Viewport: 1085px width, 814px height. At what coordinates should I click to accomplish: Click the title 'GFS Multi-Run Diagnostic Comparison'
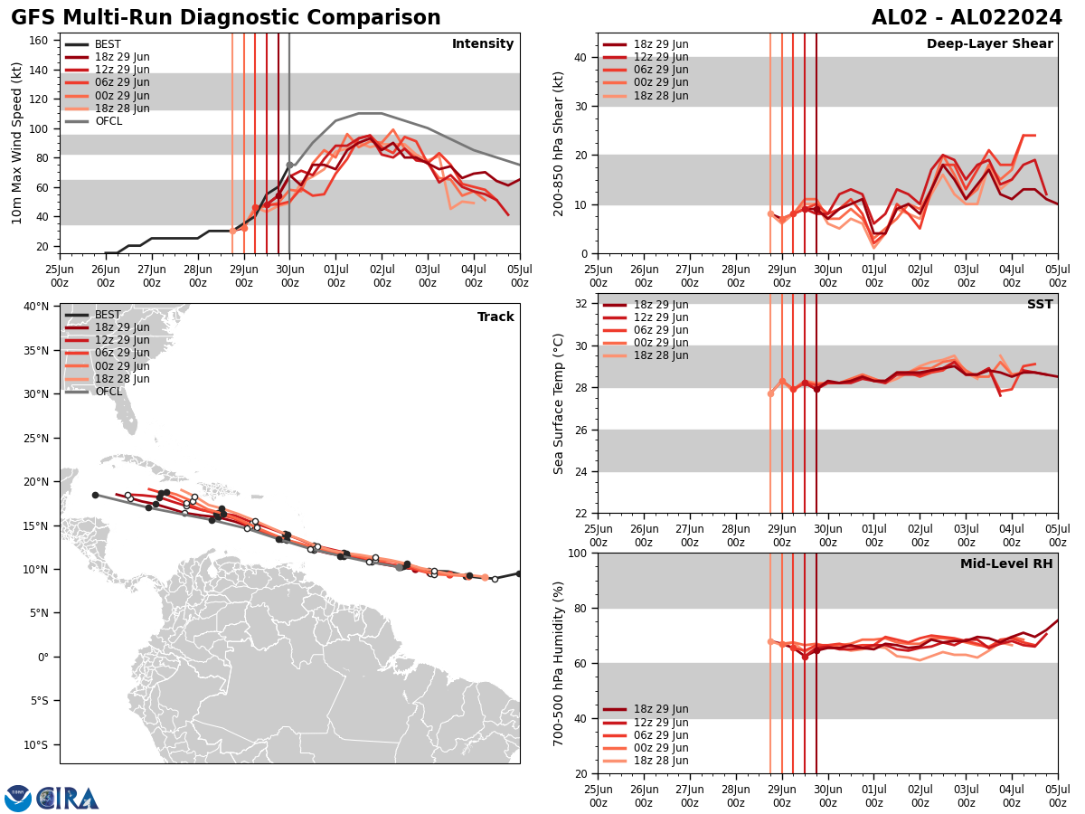(226, 18)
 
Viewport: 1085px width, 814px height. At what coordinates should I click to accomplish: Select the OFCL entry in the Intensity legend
(108, 121)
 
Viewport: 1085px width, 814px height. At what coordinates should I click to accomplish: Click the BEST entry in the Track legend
(108, 315)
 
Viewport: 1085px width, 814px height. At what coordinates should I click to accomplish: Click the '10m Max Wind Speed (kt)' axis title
(17, 143)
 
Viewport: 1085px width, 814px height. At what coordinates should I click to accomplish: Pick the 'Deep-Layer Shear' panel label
(989, 44)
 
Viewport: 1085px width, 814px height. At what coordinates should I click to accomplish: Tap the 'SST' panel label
(1040, 304)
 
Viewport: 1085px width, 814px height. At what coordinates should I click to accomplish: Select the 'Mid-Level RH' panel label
(1006, 563)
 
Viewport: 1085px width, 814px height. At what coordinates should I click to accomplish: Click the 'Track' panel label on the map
(495, 317)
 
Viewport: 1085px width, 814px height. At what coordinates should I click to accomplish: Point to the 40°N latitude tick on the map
(36, 306)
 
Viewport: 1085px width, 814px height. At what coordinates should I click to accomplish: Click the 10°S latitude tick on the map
(36, 745)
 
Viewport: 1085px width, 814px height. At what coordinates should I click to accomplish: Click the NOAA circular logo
(18, 799)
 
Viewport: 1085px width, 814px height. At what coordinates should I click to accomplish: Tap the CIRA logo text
(68, 799)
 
